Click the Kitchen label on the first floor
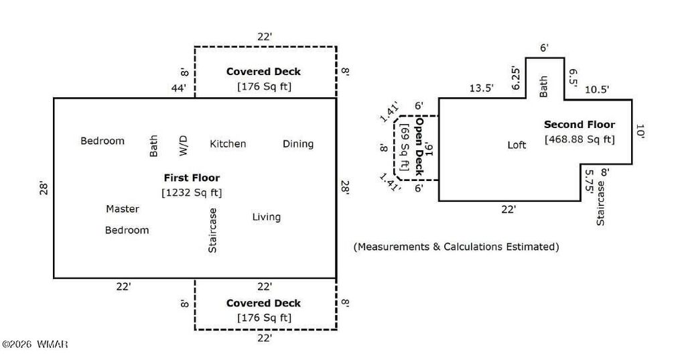coord(228,143)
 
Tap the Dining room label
coord(298,144)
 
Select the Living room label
coord(267,217)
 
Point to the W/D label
coord(184,145)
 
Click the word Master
coord(123,209)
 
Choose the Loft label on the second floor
coord(517,145)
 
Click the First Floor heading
coord(192,178)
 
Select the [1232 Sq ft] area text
coord(192,192)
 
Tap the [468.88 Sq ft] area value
coord(579,139)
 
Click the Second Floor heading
coord(579,125)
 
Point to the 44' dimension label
coord(178,88)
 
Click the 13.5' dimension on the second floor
coord(481,88)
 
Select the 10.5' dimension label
coord(597,90)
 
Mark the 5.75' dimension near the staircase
coord(588,181)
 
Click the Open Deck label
coord(419,146)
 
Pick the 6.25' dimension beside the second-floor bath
coord(517,78)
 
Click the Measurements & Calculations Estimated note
coord(456,247)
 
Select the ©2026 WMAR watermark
coord(35,344)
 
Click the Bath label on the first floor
coord(153,146)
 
